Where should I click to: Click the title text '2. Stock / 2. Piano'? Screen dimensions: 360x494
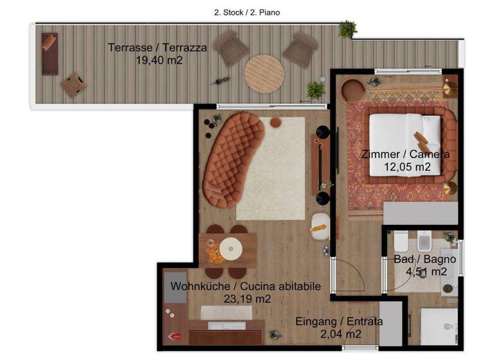point(247,12)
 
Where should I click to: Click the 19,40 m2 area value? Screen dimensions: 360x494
point(158,60)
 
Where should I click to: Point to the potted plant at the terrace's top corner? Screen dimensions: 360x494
point(348,28)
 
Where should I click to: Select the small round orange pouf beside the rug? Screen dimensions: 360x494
point(275,122)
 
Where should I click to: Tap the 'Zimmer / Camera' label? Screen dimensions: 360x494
point(405,154)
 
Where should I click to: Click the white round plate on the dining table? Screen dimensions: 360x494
point(230,248)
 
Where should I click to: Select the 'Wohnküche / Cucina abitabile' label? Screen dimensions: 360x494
point(245,286)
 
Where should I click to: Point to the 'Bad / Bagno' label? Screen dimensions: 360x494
point(425,259)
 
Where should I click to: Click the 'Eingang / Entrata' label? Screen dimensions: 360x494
point(339,321)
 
